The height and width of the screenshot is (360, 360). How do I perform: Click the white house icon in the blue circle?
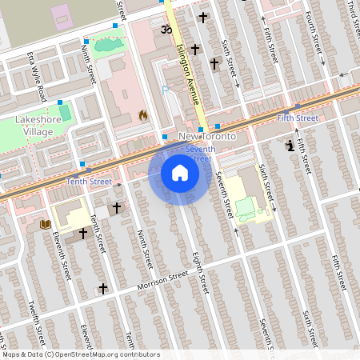tap(180, 172)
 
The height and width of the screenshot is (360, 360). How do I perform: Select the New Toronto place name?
tap(207, 137)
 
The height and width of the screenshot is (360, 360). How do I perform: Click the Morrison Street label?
tap(162, 279)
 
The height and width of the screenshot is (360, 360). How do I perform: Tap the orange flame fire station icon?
tap(143, 115)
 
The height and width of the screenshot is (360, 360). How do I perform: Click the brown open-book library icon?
tap(45, 225)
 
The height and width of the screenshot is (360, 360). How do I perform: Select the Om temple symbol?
tap(166, 30)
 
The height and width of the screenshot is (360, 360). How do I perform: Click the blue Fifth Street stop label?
tap(298, 118)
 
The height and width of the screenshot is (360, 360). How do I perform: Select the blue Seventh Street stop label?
tap(198, 154)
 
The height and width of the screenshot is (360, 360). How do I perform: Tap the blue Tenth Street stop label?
tap(90, 182)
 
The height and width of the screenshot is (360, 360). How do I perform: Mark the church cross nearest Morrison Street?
tap(102, 288)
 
